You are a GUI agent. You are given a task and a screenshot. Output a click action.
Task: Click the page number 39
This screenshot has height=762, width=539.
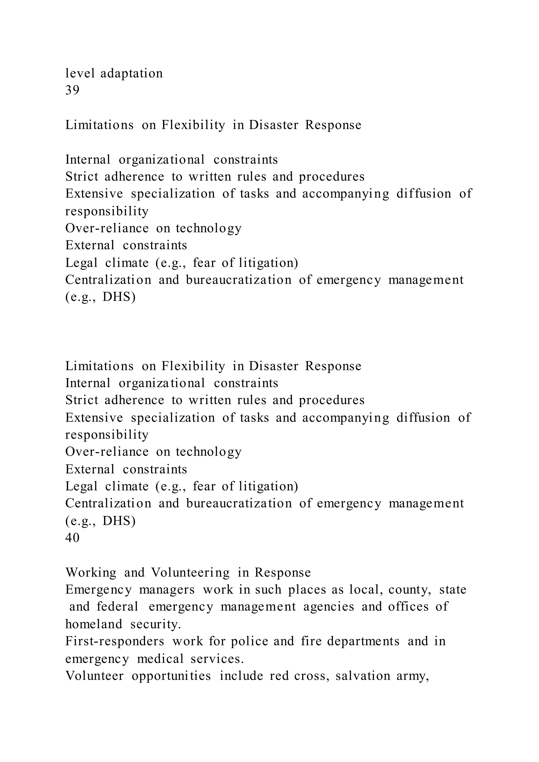tap(72, 90)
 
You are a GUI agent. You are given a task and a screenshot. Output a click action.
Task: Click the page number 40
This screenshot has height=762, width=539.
tap(72, 538)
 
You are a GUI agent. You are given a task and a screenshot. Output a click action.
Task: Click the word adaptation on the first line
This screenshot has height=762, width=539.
tap(132, 73)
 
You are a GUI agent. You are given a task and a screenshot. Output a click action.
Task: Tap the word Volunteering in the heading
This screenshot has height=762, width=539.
tap(190, 573)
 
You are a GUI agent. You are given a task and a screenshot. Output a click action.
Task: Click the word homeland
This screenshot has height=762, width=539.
tap(94, 624)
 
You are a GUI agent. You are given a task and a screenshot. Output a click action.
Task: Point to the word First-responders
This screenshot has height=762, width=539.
tap(115, 641)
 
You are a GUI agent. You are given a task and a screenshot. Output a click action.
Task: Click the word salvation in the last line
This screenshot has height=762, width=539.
tap(363, 676)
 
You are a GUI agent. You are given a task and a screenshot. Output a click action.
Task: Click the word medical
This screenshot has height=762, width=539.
tap(160, 659)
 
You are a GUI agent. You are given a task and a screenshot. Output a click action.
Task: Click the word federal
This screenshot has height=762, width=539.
tap(117, 607)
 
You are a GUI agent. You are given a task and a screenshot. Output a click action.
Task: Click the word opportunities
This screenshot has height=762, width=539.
tap(171, 676)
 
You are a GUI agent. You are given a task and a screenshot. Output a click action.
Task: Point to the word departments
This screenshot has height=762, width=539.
tap(363, 641)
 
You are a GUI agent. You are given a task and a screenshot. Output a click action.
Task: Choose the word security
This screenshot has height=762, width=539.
tap(156, 624)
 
